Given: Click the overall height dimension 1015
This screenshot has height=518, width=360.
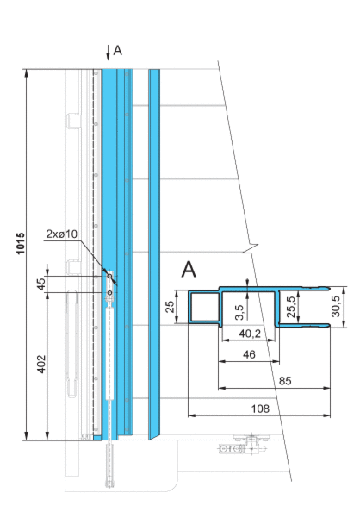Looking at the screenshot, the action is pos(21,243).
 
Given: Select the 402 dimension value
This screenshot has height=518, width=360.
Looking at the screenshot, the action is pos(41,364).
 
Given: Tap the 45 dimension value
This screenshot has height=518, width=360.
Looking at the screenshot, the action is pos(41,284).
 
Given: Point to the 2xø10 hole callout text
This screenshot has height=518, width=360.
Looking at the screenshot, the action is pos(62,234).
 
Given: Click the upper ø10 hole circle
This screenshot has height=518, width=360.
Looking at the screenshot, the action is pos(109,276).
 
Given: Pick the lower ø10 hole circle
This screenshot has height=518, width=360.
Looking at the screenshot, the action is pos(109,293).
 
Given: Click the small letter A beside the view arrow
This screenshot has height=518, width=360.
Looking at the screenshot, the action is pos(117,51).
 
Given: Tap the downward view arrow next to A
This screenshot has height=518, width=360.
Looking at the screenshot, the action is pos(108,53).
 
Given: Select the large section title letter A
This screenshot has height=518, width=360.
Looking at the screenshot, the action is pos(189,269).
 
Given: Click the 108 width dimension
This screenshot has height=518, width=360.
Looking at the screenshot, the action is pos(260,409).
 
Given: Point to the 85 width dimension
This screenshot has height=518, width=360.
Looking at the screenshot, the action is pos(285,381).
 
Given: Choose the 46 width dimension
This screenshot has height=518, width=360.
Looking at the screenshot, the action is pos(249,354).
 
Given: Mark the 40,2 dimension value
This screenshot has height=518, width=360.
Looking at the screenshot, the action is pos(250,334).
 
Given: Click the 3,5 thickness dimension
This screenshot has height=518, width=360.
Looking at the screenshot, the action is pos(240,313).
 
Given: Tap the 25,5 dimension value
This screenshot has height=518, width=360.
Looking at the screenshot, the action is pos(291,307).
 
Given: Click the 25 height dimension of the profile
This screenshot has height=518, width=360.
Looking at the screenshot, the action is pos(170,307).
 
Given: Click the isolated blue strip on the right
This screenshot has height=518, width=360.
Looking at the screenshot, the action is pos(154,254).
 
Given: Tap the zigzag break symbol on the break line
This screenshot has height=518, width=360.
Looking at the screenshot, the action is pos(250,248).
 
